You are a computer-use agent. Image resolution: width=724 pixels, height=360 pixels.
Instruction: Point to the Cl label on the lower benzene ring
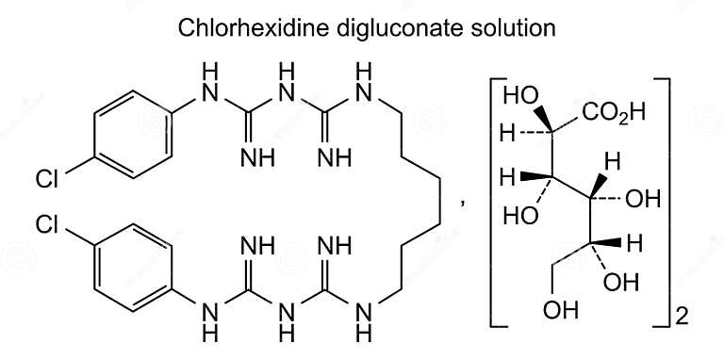pos(48,225)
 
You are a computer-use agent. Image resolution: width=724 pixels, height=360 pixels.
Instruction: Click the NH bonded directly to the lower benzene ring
pos(209,318)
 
